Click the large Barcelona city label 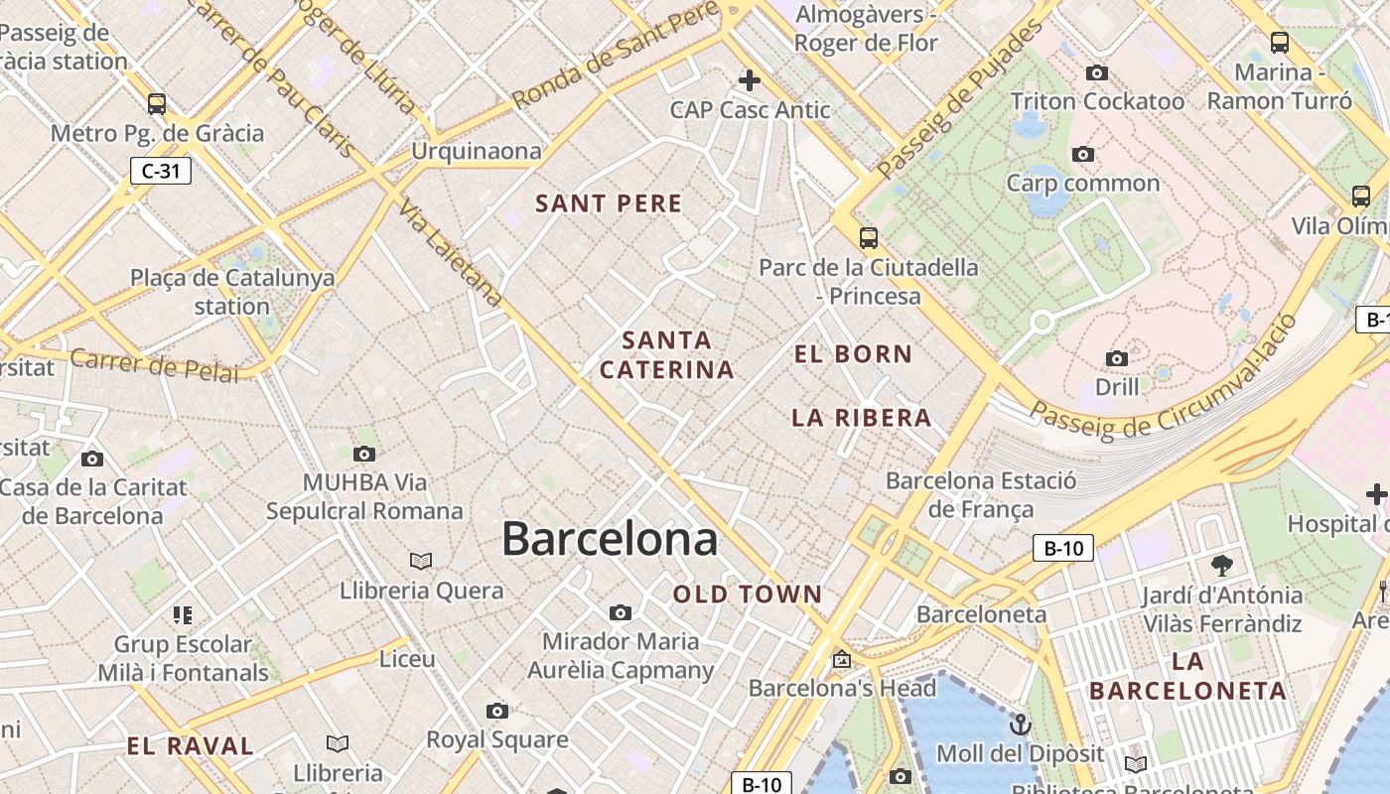609,539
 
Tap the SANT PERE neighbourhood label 609,203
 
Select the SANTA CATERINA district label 667,355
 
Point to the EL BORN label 854,353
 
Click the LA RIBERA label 862,418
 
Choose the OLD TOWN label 748,595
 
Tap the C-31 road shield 161,171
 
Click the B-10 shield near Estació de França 1063,548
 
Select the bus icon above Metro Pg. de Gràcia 157,103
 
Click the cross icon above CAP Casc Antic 750,79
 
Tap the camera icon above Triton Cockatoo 1097,72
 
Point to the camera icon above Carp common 1083,154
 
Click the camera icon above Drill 1117,358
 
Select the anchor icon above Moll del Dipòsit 1020,724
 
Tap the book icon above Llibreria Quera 421,561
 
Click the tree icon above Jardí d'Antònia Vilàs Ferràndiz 1222,566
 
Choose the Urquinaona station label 477,151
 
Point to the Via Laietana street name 451,252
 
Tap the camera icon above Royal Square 497,711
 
